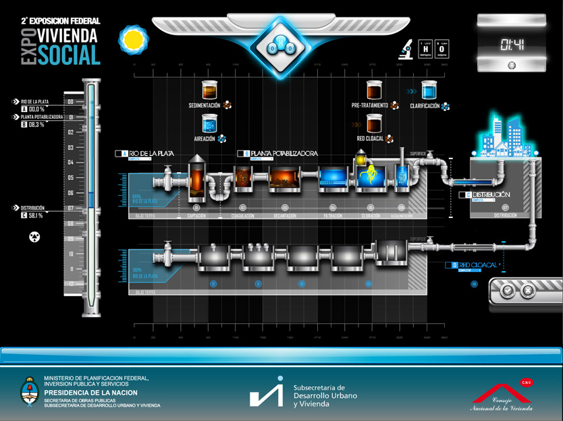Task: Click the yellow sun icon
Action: coord(132,40)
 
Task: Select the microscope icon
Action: coord(407,48)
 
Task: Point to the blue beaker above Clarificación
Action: coord(429,90)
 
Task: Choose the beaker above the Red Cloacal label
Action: coord(375,123)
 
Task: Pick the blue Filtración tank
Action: coord(333,177)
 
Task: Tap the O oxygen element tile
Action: coord(442,48)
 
